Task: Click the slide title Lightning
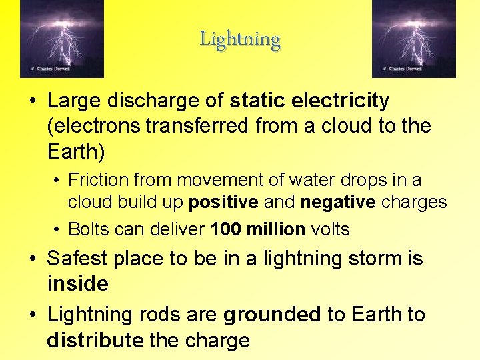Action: coord(240,39)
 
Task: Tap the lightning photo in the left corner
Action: coord(62,38)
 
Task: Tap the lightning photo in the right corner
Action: coord(413,38)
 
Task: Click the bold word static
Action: coord(256,101)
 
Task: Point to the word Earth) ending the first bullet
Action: coord(76,151)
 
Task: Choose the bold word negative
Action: coord(338,202)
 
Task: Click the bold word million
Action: coord(275,230)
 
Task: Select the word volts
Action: coord(330,230)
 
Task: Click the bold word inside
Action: coord(77,284)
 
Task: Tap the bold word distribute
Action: coord(95,341)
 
